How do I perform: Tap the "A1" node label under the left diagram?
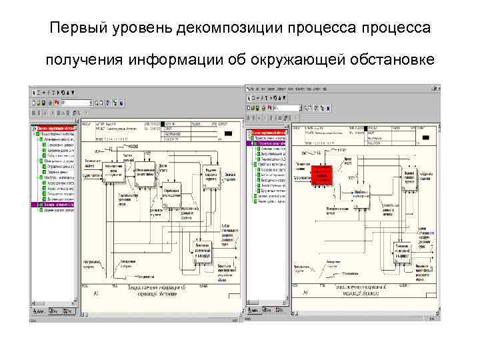97,293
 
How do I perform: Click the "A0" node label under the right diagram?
305,292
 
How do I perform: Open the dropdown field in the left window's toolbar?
77,103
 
